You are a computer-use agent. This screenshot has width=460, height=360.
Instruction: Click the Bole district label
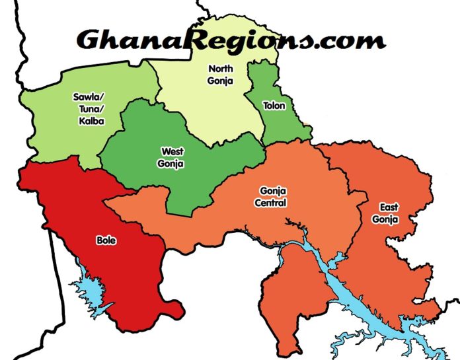pos(106,241)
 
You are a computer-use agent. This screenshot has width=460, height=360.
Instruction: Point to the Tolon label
pos(273,106)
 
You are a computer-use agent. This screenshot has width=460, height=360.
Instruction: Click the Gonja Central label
pos(270,196)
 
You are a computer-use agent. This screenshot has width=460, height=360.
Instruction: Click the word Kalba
pos(86,122)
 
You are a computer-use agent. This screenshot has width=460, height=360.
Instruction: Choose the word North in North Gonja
pos(221,69)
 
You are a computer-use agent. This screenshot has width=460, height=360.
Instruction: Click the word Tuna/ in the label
pos(86,110)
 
